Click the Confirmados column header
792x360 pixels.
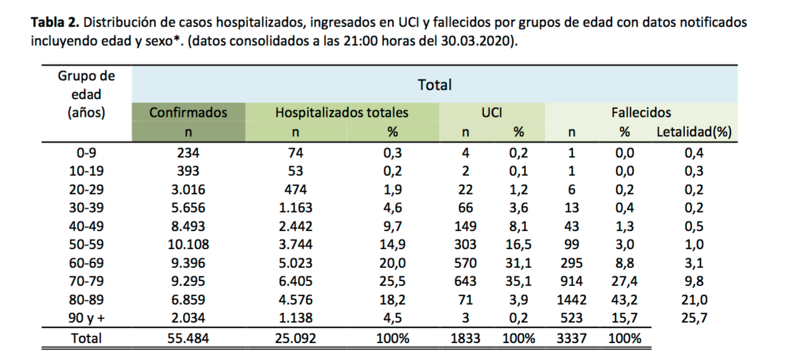pos(188,113)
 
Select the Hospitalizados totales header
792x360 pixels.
pos(341,113)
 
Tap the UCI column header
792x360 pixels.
pos(492,113)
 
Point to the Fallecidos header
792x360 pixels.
pos(641,113)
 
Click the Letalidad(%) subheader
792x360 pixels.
pos(694,132)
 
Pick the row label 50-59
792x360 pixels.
pos(87,244)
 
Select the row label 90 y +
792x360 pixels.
pos(87,318)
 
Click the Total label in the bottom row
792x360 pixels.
pos(87,338)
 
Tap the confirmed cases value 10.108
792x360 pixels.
pos(188,244)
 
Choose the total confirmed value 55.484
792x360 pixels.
pos(188,338)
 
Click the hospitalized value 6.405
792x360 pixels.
pos(295,282)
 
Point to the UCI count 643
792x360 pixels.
pos(465,282)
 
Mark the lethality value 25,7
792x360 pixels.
pos(694,318)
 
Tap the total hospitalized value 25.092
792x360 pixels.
pos(295,338)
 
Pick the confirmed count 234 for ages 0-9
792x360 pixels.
pos(188,152)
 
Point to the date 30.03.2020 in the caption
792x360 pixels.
pos(479,43)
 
